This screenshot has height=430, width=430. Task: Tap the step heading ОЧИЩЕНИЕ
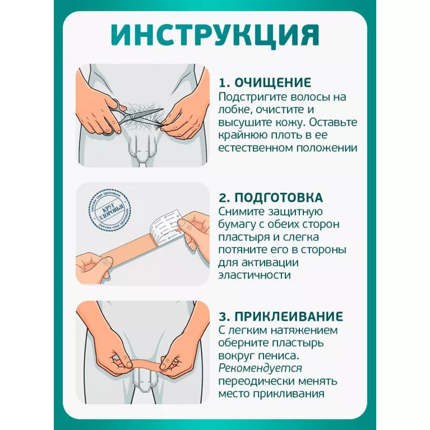273,82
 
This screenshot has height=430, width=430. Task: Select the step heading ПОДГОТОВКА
279,197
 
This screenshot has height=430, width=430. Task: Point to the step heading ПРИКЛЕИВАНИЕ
289,316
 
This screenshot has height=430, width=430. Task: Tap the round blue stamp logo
109,210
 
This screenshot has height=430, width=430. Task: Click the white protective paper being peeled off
166,226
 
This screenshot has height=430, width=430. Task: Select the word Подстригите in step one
253,97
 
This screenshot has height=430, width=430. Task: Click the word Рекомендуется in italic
260,368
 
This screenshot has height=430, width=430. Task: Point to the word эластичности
255,275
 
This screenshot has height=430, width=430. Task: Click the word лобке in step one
235,109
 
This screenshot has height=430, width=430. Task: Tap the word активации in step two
270,263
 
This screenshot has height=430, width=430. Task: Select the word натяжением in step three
304,330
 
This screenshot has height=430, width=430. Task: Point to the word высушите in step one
244,123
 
